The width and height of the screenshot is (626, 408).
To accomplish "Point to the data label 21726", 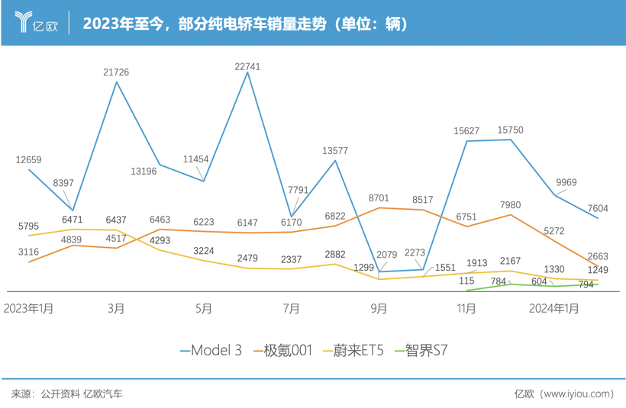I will (x=116, y=72).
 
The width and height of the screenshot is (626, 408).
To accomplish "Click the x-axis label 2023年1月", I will (x=29, y=309).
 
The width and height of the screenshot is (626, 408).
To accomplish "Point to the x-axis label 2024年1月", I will (x=555, y=309).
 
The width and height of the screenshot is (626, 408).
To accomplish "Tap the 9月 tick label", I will (x=379, y=309).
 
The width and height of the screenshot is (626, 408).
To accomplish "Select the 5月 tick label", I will (x=204, y=309).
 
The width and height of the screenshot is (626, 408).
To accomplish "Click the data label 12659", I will (x=28, y=160).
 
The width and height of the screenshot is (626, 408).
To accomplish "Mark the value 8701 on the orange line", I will (x=379, y=198).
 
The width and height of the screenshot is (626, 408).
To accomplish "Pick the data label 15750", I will (x=510, y=130).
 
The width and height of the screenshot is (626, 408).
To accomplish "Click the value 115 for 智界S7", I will (x=467, y=281).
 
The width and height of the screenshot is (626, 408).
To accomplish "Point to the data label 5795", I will (x=28, y=226).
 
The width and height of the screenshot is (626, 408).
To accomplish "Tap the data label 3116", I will (x=28, y=252).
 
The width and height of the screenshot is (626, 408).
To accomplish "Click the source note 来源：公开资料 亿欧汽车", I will (x=66, y=394).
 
